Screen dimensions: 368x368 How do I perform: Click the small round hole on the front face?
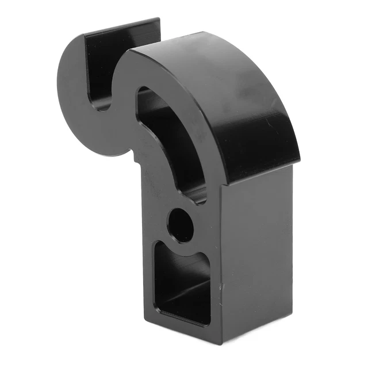click(x=182, y=225)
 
